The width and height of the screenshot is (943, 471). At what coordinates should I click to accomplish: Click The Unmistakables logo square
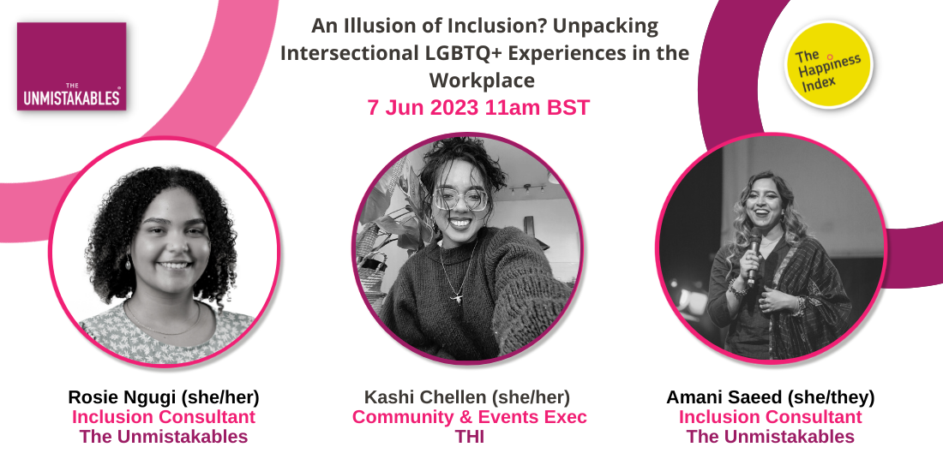(71, 66)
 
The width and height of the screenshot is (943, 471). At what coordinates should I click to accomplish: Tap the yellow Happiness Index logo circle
(828, 65)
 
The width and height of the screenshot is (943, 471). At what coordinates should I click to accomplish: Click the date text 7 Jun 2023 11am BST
(478, 108)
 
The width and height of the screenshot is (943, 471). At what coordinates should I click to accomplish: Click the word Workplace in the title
(482, 80)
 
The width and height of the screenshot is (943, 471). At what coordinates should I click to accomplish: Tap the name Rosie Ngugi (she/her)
(164, 397)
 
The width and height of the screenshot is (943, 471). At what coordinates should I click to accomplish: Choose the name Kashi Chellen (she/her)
(467, 397)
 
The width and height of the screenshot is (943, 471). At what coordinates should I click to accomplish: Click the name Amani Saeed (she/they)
(771, 397)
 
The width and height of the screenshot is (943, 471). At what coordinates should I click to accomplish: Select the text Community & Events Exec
(470, 417)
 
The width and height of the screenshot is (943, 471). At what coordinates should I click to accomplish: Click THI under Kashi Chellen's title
(470, 437)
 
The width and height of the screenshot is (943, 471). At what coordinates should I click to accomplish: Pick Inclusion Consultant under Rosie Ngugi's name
(164, 417)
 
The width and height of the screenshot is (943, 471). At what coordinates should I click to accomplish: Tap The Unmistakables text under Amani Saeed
(771, 437)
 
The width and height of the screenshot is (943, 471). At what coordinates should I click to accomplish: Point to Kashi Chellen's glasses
(460, 199)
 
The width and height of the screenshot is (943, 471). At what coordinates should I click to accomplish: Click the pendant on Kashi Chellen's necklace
(460, 297)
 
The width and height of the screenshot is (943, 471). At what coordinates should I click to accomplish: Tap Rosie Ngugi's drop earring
(128, 262)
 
